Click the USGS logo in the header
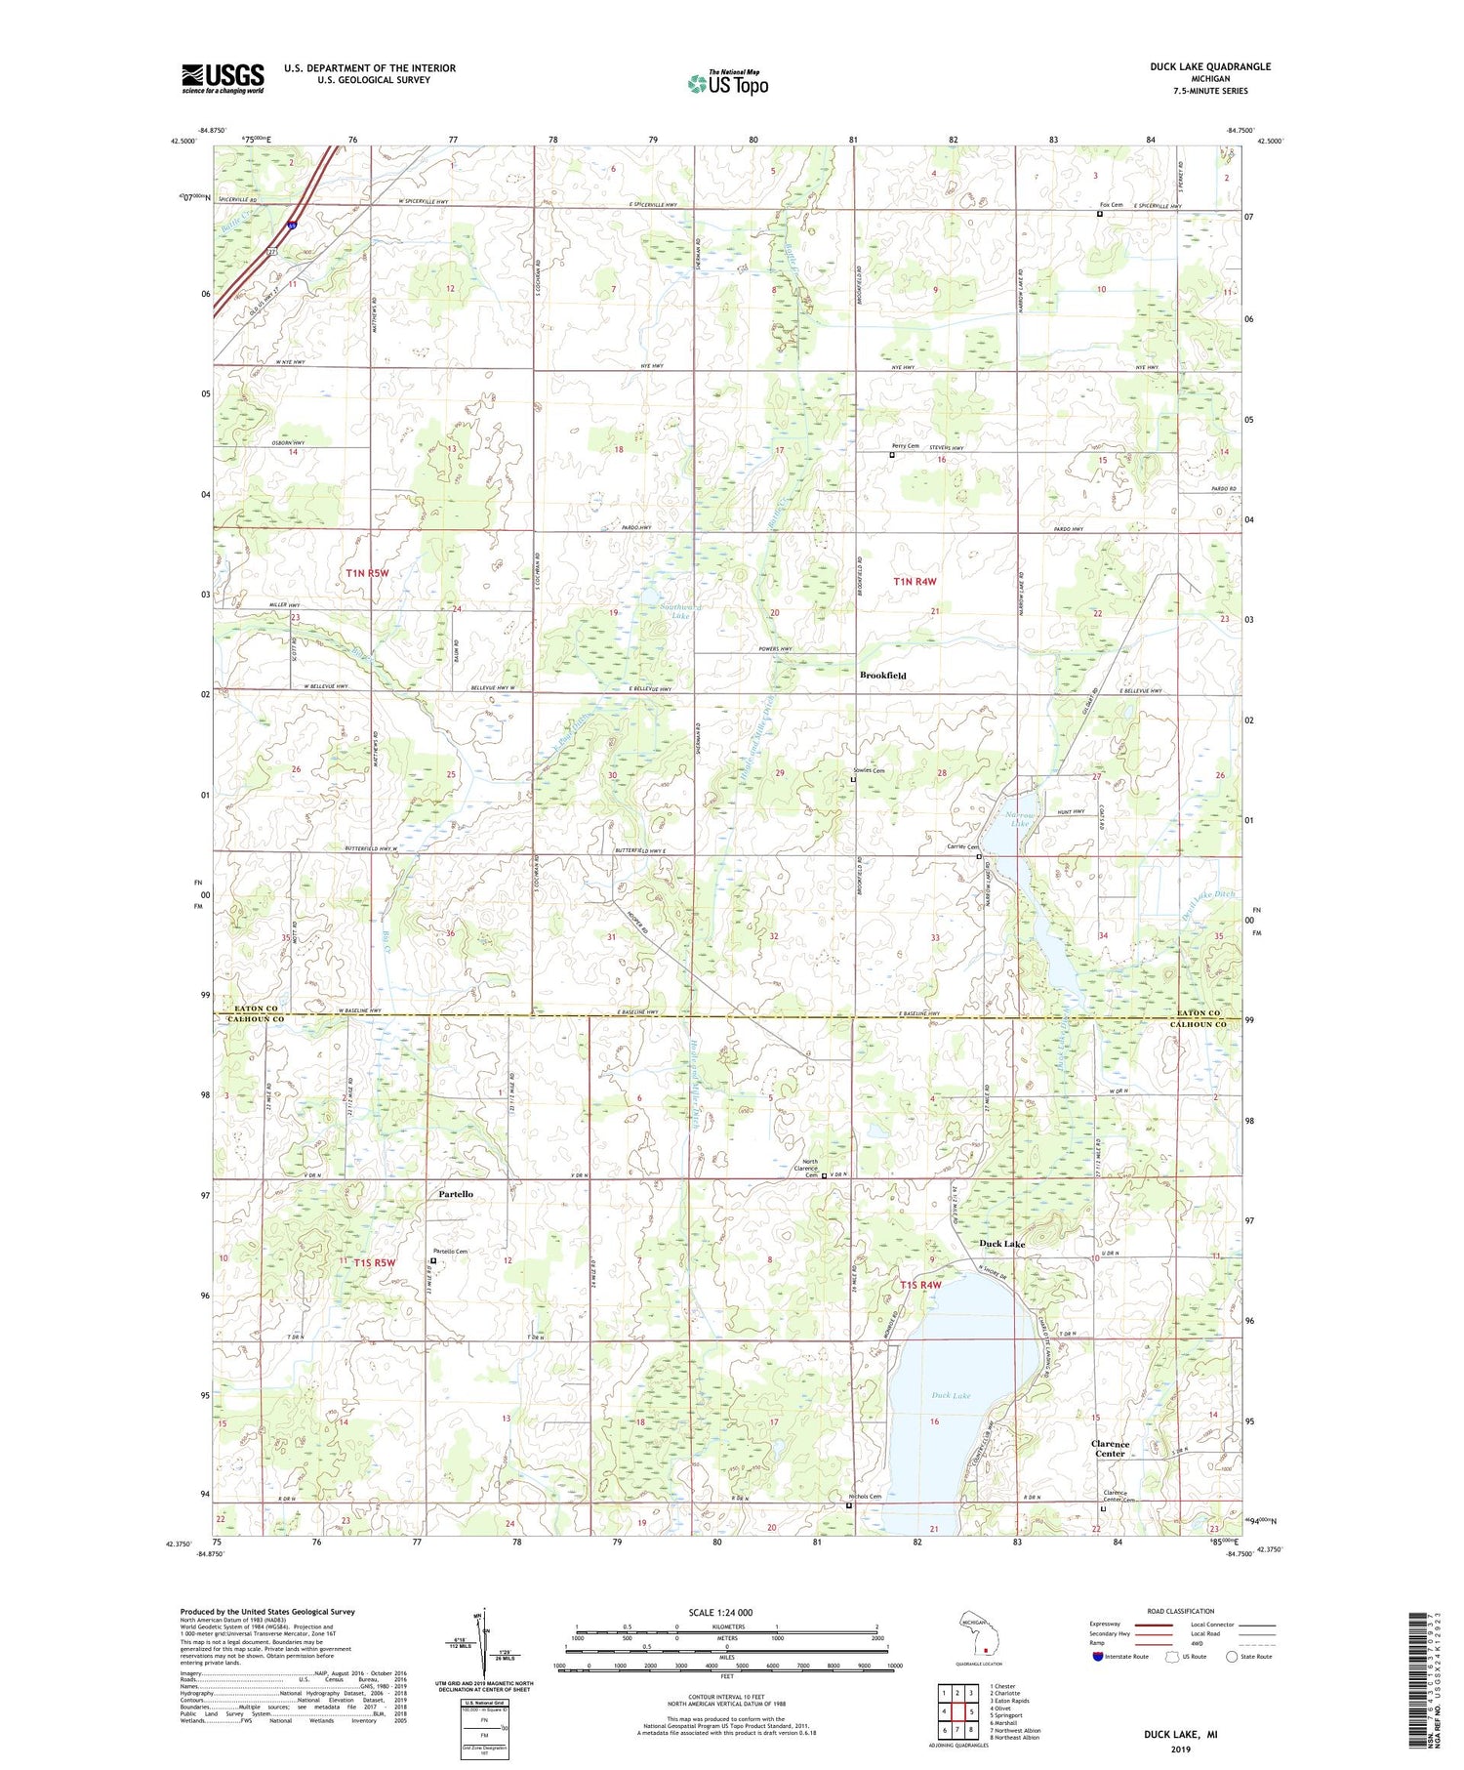223,78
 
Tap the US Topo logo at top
727,83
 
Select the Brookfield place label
882,676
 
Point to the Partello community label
456,1194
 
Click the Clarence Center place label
1110,1449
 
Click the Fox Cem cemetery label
1111,205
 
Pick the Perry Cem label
906,446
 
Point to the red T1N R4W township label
915,582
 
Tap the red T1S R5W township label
375,1262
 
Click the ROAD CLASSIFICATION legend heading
1181,1611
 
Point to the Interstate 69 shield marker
291,226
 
